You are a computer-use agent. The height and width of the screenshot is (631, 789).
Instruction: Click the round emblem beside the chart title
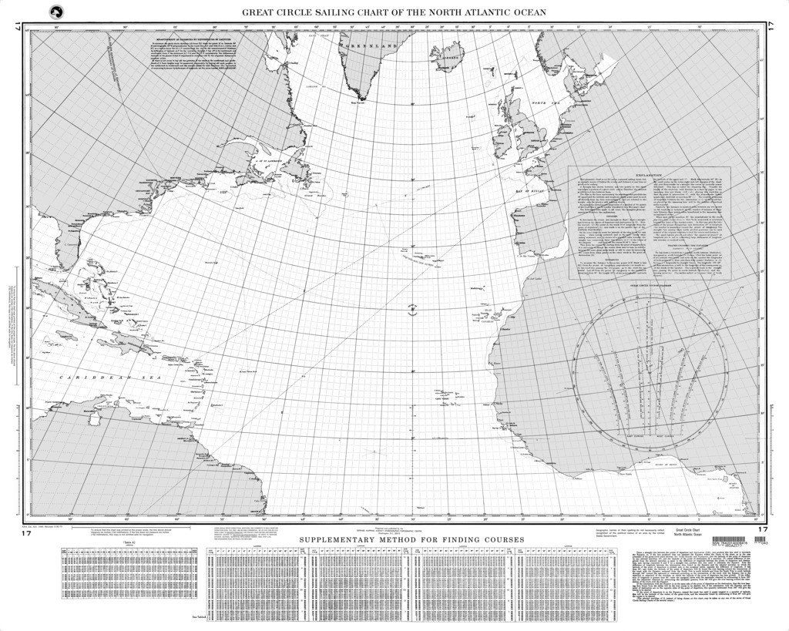pos(55,12)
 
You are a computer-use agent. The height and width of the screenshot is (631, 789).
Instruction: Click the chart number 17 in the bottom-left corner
pos(25,532)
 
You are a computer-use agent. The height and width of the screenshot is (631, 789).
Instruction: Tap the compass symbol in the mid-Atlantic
pos(413,309)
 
